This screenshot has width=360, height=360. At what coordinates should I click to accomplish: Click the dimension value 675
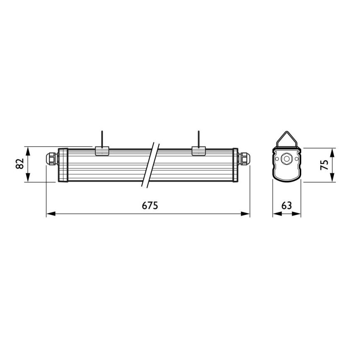pos(150,206)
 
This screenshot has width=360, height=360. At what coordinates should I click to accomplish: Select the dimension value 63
pos(287,206)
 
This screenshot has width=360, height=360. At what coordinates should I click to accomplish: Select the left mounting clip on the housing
pos(102,151)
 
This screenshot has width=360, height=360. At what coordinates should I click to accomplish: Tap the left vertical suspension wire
pos(102,139)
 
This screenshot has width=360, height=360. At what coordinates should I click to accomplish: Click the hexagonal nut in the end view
pos(287,158)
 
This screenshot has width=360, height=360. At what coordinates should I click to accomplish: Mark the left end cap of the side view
pos(63,165)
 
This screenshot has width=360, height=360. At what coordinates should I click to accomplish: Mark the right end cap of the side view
pos(235,165)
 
